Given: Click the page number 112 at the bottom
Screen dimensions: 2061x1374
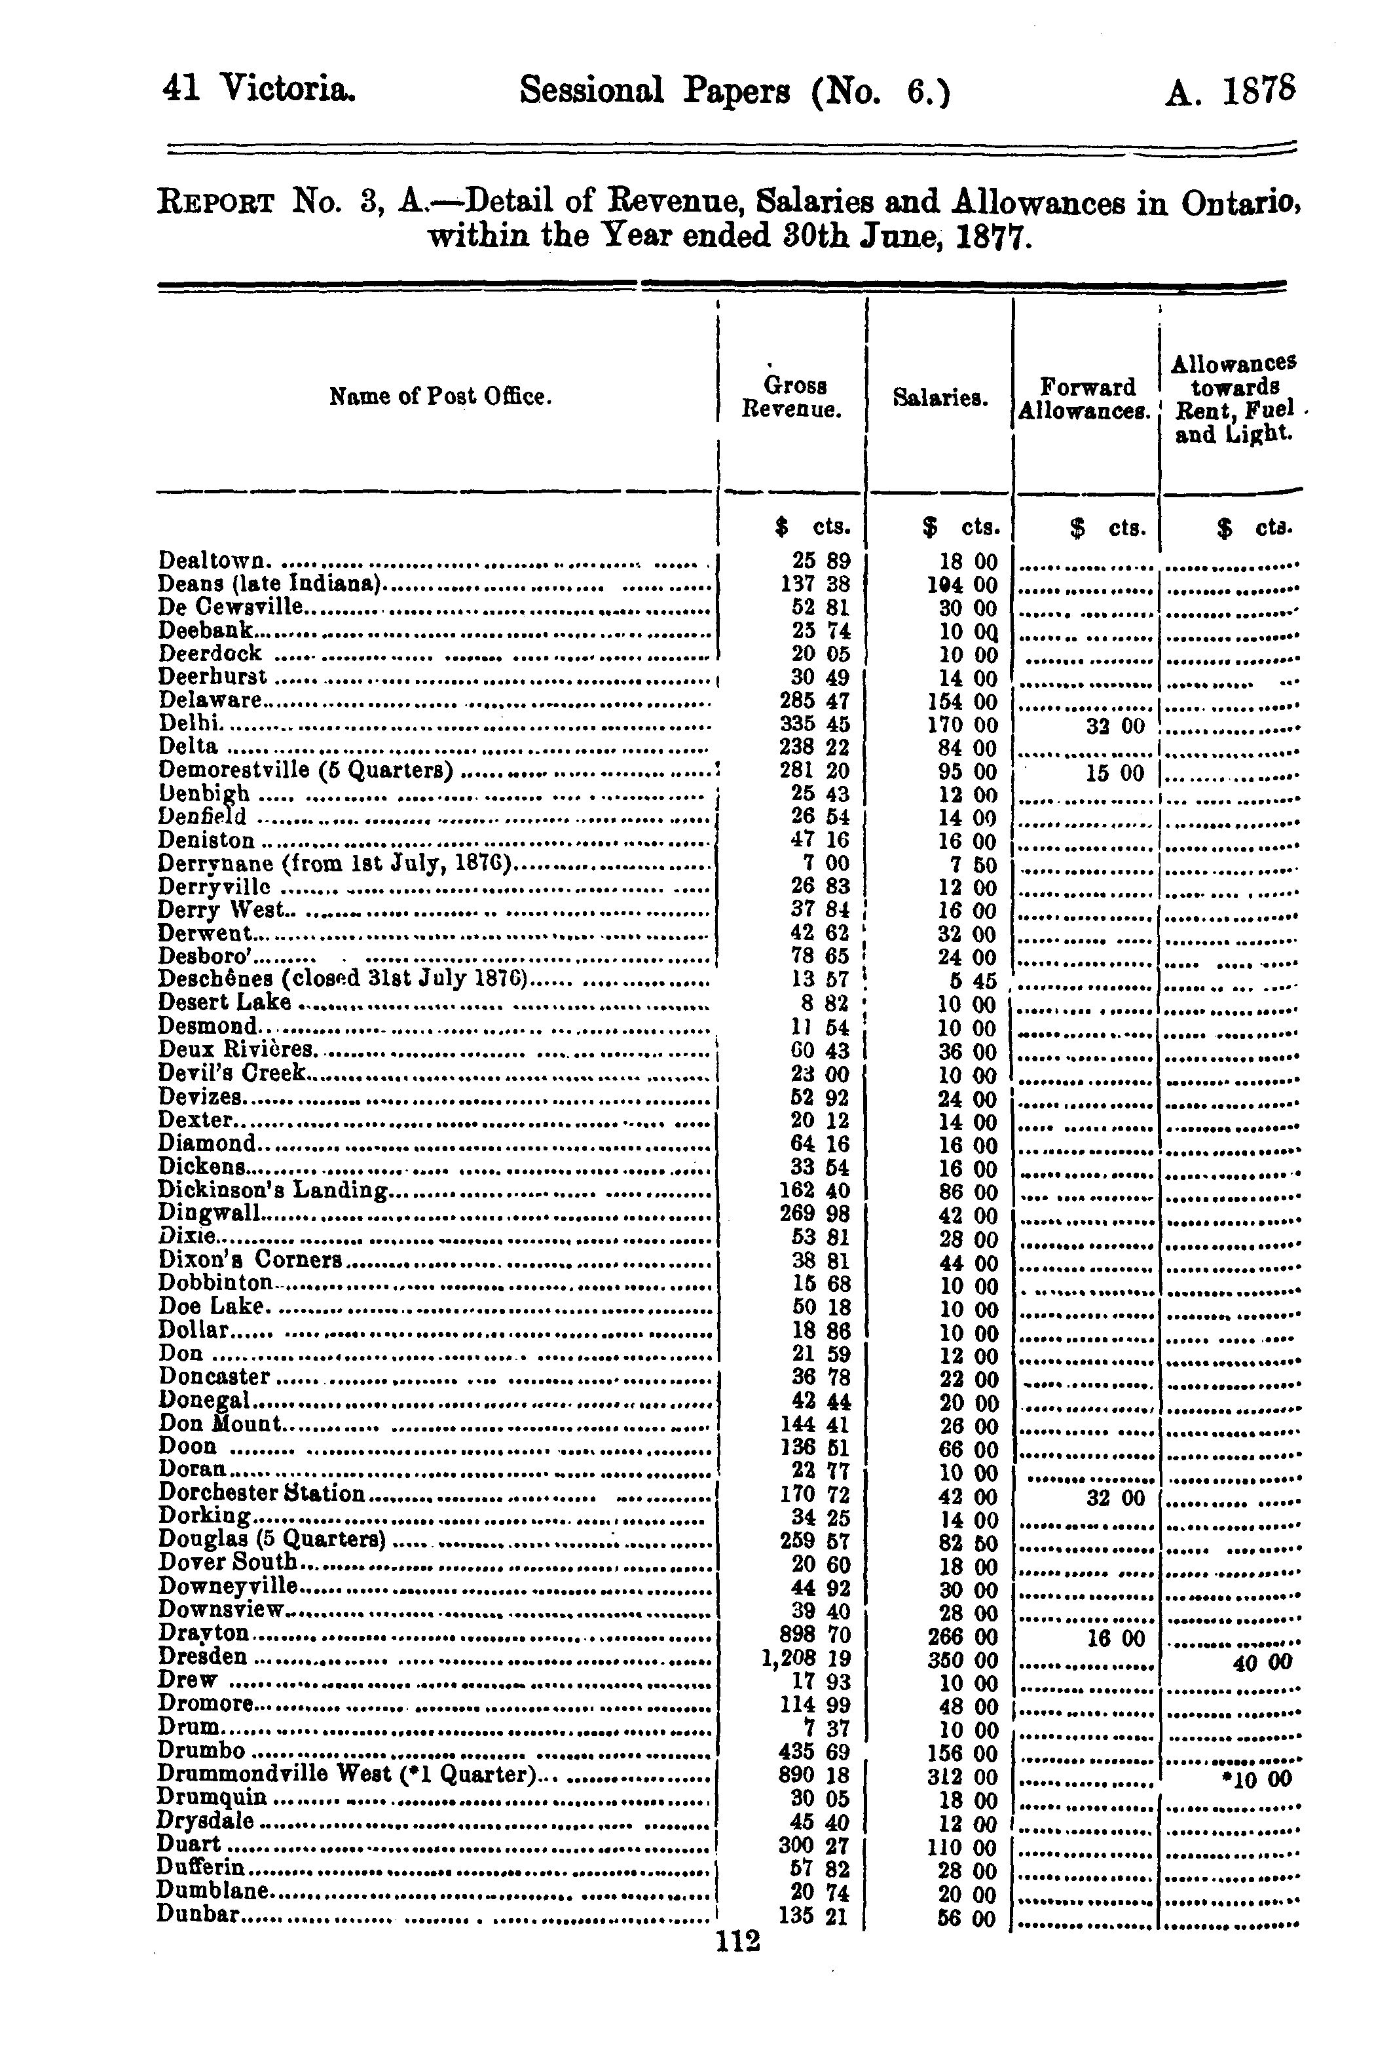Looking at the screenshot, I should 738,1942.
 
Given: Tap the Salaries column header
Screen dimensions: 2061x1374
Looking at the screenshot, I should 940,398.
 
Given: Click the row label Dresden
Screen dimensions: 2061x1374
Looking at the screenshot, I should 202,1657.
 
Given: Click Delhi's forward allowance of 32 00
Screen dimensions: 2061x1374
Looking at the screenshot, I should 1115,727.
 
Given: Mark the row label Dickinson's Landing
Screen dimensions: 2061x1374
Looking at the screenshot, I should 272,1190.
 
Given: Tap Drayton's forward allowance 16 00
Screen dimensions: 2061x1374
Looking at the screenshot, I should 1115,1638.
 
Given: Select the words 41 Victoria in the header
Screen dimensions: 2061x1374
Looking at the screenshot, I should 259,88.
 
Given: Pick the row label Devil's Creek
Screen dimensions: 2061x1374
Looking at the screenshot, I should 232,1072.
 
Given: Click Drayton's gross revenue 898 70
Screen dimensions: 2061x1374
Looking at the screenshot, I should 814,1635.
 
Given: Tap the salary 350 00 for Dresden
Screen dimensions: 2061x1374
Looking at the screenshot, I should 967,1659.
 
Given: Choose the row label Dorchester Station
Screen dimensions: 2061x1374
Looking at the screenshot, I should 261,1493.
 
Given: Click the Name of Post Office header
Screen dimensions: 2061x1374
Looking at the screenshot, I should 441,397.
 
